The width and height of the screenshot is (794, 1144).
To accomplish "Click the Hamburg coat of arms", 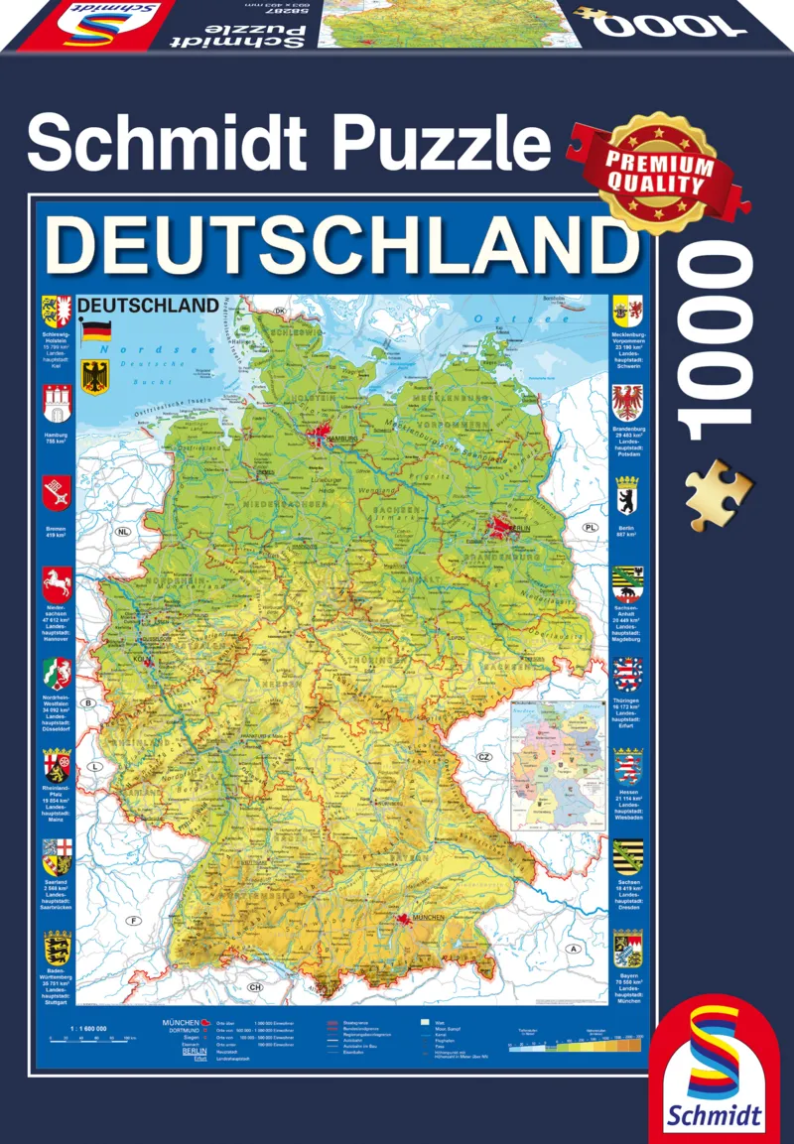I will pos(56,405).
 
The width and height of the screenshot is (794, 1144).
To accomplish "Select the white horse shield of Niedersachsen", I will pos(56,583).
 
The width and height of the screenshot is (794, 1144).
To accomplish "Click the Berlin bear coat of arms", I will pos(627,493).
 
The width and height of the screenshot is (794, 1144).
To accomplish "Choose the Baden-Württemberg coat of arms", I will pos(56,949).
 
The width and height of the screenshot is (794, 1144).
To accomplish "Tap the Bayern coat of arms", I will pos(627,949).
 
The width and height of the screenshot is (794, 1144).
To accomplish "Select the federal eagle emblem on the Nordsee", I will pos(96,378).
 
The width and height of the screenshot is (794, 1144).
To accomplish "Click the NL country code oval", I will pos(123,532).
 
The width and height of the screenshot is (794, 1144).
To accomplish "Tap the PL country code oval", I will pos(591,527).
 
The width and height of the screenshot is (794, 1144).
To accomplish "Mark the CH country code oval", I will pos(255,987).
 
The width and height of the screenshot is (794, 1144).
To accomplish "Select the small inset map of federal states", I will pos(556,763).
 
